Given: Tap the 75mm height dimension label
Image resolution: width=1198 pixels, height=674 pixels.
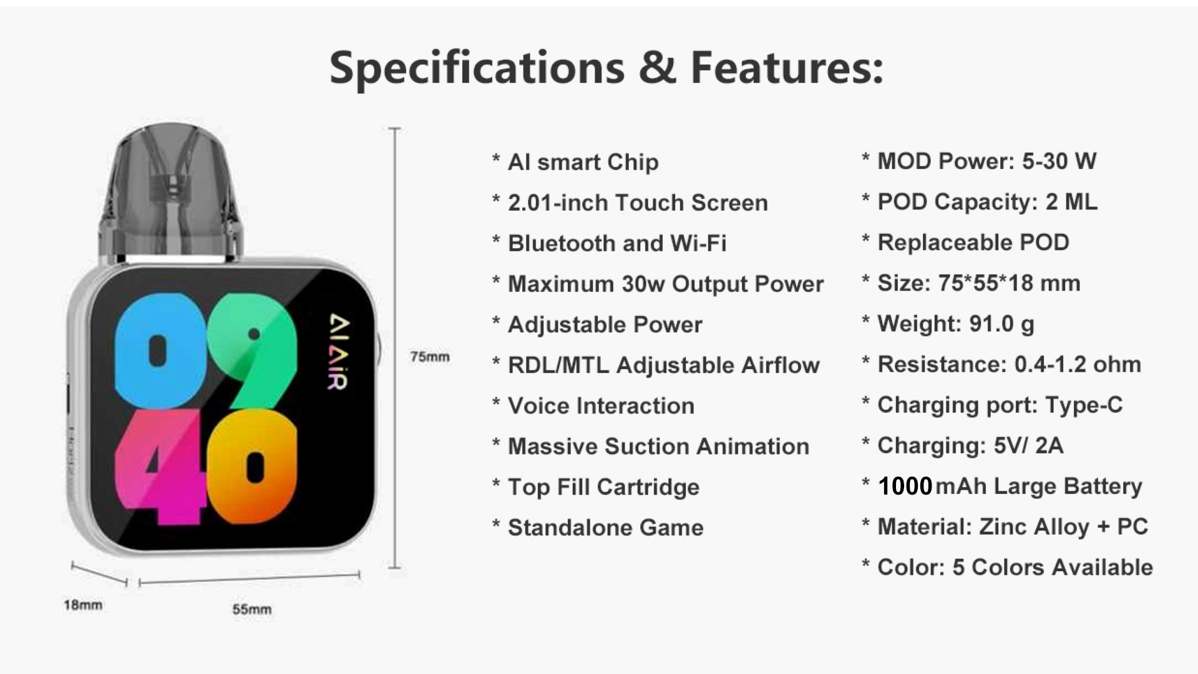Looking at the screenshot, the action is point(430,357).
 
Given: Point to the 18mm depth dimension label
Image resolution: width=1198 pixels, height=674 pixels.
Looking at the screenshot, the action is point(83,605).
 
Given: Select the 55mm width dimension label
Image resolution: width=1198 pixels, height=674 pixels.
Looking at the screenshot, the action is point(252,609).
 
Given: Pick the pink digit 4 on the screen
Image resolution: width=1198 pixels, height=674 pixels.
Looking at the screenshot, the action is point(160,466).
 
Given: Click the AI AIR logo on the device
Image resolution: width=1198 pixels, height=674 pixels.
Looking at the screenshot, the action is point(339,352).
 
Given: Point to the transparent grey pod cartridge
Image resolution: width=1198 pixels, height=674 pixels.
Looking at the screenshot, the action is point(170,190).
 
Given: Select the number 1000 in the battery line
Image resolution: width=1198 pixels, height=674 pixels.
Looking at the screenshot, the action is point(905,486).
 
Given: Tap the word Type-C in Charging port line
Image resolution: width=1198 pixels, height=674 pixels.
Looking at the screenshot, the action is point(1084,405).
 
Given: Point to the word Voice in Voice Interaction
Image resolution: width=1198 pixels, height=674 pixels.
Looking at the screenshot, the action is point(538,406).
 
